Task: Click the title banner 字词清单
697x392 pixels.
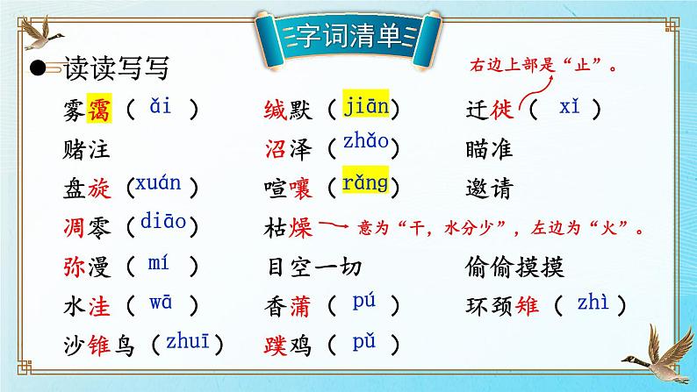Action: click(x=348, y=36)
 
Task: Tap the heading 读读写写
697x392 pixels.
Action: click(x=117, y=68)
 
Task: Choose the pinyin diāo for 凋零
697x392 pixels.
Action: click(x=162, y=222)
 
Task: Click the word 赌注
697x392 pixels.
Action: click(x=88, y=148)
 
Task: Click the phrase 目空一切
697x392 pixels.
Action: click(x=313, y=266)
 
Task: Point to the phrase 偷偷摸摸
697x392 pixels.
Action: click(x=515, y=266)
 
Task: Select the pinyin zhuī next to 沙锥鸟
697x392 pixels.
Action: click(x=186, y=341)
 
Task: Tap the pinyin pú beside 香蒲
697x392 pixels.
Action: click(x=363, y=303)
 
